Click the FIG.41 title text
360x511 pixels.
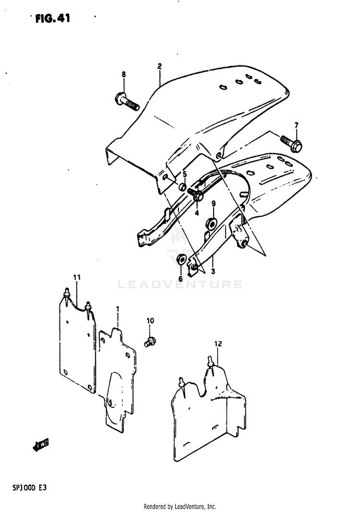(52, 19)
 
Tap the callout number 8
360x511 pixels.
(123, 75)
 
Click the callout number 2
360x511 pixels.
(159, 66)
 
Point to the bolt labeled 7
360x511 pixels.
(291, 143)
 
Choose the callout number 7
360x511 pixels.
(297, 125)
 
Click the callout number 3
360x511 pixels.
(213, 271)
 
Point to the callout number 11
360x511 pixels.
(77, 277)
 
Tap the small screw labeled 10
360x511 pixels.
(150, 342)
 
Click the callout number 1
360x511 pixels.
(118, 309)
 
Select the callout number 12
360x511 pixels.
(218, 344)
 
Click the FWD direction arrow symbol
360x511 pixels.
(41, 445)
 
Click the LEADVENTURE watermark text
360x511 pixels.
(180, 285)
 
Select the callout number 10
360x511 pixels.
(150, 321)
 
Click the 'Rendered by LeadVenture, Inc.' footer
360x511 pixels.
(180, 506)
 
